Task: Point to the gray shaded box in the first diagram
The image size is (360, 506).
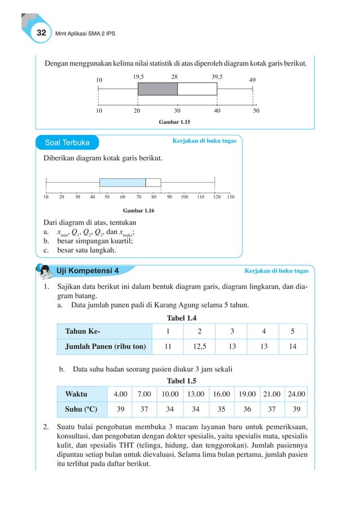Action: pyautogui.click(x=157, y=89)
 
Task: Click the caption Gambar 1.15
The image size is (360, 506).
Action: pyautogui.click(x=175, y=121)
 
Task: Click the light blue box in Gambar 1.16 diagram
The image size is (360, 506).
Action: pyautogui.click(x=122, y=182)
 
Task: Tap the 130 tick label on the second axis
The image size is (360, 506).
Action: pyautogui.click(x=230, y=197)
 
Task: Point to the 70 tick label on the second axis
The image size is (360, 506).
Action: pyautogui.click(x=138, y=197)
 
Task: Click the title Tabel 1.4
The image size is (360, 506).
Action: pyautogui.click(x=182, y=318)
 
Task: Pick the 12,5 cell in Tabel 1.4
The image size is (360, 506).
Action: pyautogui.click(x=200, y=346)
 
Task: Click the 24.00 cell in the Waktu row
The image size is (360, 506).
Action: pyautogui.click(x=296, y=393)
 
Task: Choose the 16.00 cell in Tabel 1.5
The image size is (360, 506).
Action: pyautogui.click(x=221, y=393)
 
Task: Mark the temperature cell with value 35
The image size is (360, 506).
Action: pyautogui.click(x=221, y=409)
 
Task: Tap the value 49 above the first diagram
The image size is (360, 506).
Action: pyautogui.click(x=252, y=80)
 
